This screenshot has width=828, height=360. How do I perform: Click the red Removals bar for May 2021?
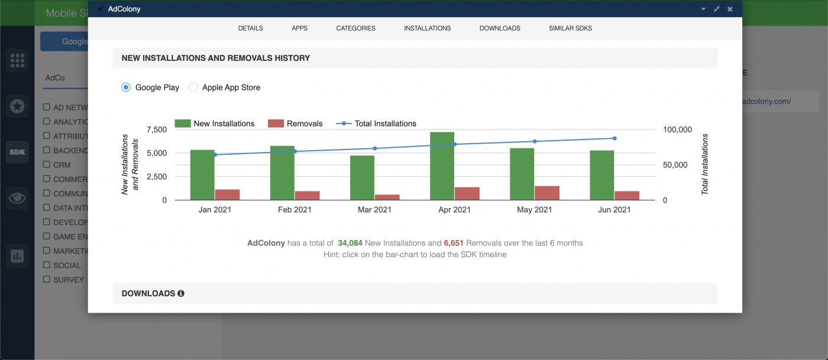[x=546, y=193]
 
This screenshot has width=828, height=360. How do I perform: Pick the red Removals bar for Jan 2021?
[x=227, y=194]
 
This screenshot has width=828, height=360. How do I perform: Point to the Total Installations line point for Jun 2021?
[x=614, y=138]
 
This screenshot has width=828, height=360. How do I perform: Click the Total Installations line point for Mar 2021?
[x=375, y=148]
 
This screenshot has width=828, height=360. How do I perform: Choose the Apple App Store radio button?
[x=193, y=87]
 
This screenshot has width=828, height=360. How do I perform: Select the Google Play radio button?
[x=125, y=87]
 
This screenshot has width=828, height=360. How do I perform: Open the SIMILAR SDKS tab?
[x=570, y=28]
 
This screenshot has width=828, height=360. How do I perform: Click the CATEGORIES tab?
[x=355, y=28]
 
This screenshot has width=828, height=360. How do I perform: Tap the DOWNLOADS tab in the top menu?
[x=500, y=28]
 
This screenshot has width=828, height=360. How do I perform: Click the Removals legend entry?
[x=295, y=124]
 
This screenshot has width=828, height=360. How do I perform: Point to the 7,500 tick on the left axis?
[x=156, y=129]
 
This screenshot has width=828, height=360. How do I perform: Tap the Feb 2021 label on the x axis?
[x=295, y=210]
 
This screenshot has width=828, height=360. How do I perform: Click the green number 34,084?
[x=350, y=243]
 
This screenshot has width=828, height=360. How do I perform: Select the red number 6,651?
[x=454, y=243]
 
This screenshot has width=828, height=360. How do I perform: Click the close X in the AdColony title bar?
[x=730, y=9]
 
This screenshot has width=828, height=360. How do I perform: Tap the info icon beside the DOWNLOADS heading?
[x=181, y=293]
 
